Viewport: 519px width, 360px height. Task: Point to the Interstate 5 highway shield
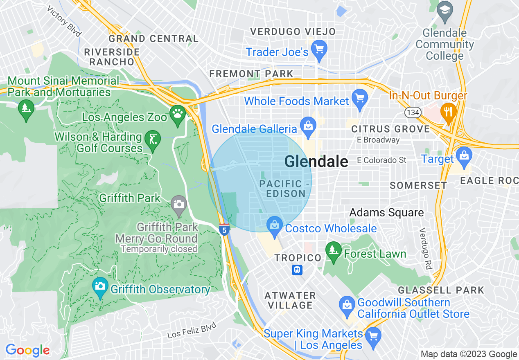[223, 229]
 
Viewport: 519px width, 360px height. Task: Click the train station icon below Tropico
[297, 270]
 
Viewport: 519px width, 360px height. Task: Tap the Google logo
[27, 350]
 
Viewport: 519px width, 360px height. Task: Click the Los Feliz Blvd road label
[192, 331]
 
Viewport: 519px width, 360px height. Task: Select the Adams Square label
[386, 212]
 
